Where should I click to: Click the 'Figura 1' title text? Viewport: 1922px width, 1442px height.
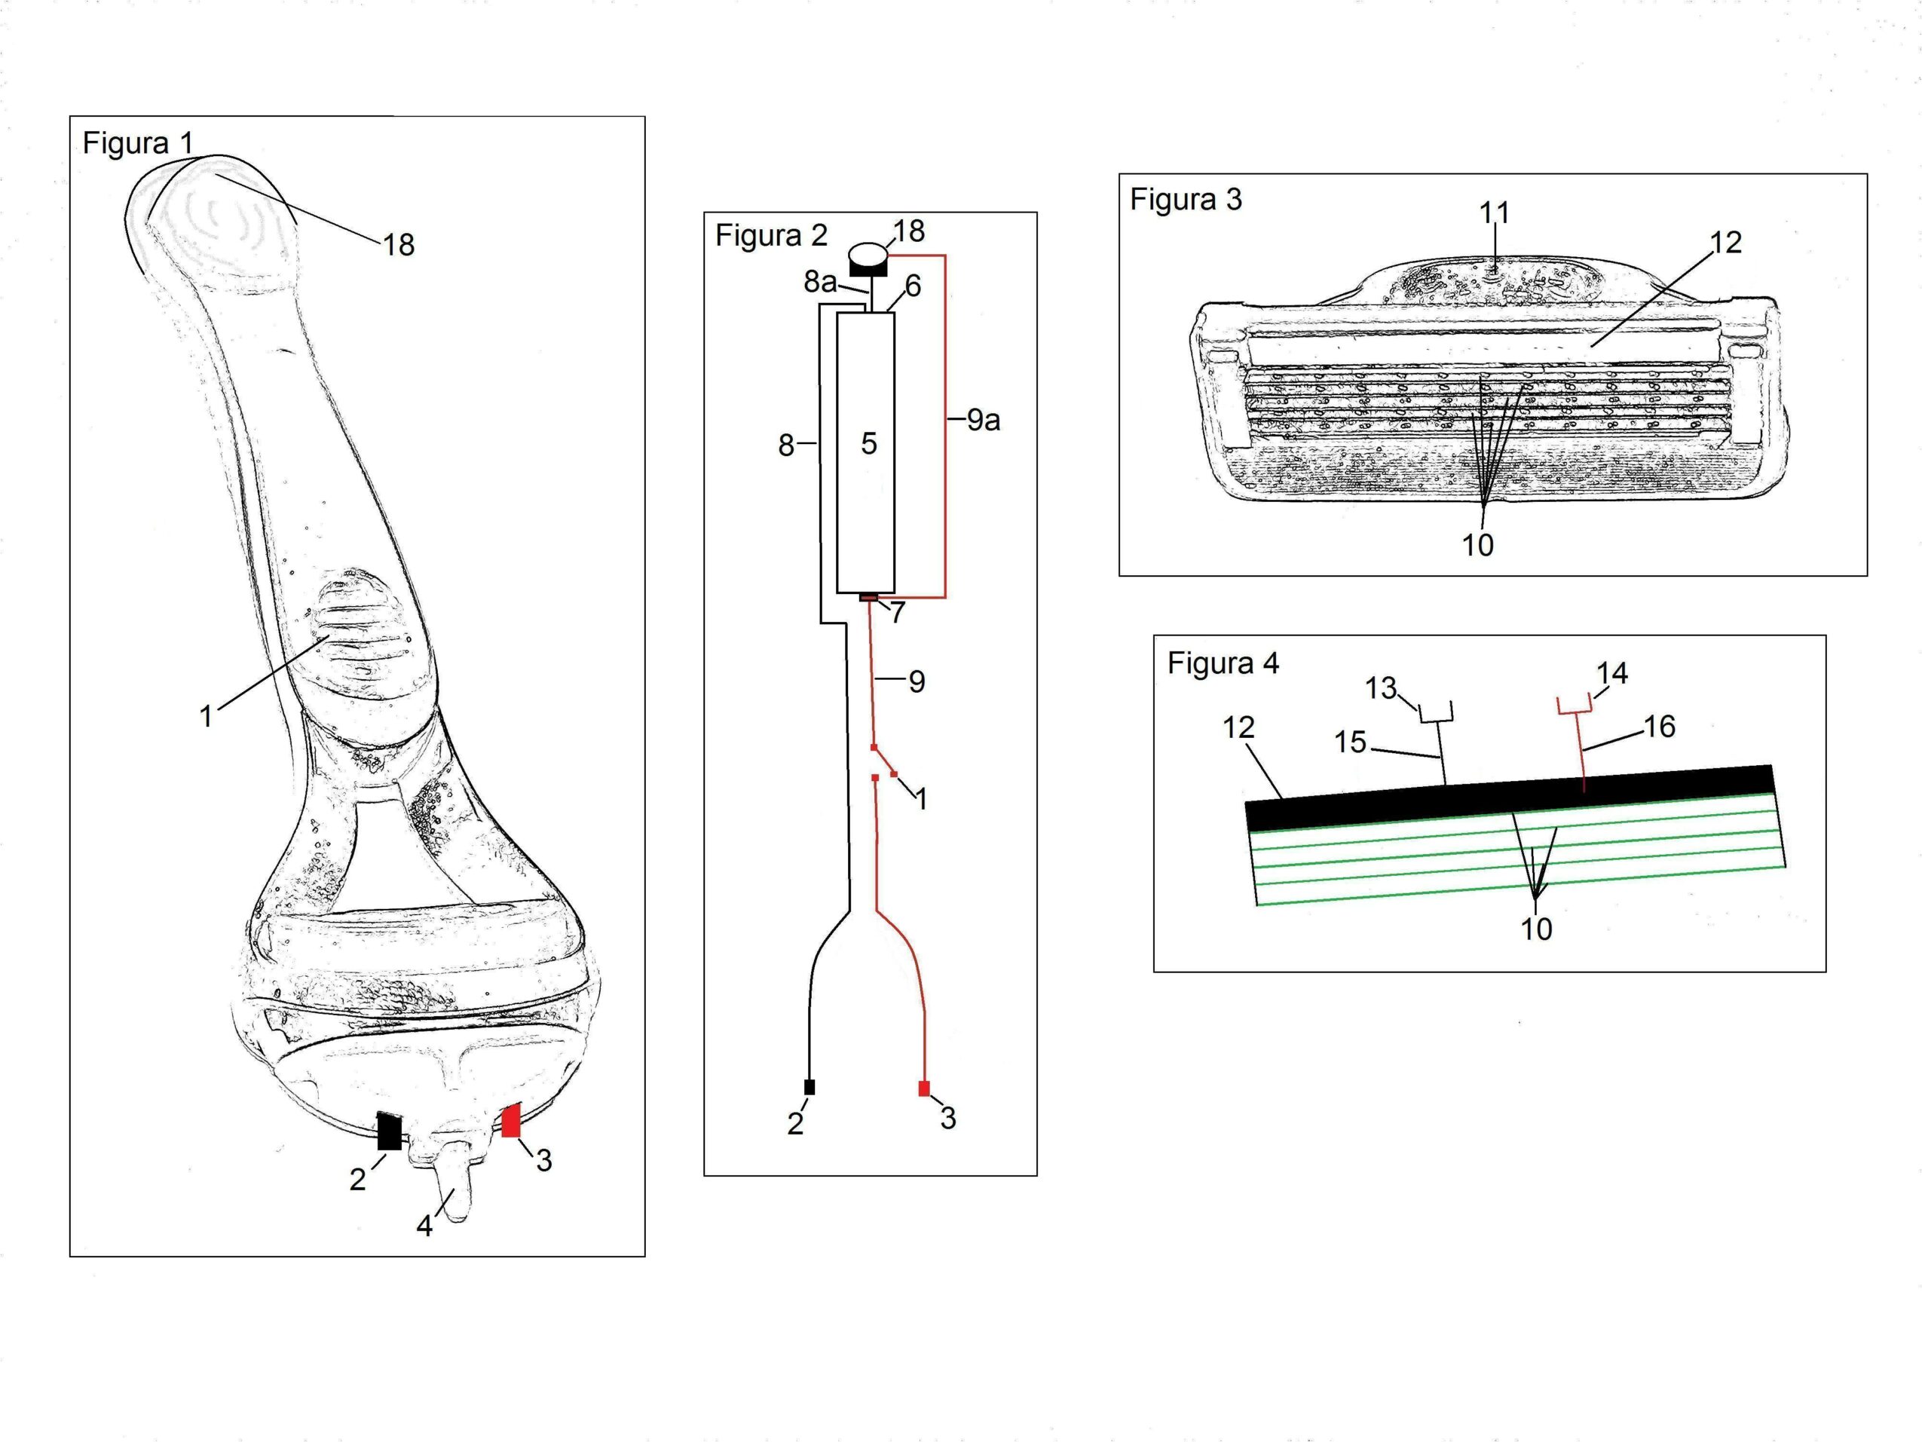click(137, 142)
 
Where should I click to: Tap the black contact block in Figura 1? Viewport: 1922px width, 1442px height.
click(389, 1131)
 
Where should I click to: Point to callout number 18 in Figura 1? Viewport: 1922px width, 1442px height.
click(399, 245)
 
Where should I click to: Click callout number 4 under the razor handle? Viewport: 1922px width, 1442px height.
click(424, 1226)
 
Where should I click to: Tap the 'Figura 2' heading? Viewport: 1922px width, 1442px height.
click(771, 235)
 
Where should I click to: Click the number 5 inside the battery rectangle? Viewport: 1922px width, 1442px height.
click(869, 444)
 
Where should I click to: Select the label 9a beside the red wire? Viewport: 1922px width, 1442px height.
click(984, 421)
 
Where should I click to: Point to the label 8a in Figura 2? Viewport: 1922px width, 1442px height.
click(820, 282)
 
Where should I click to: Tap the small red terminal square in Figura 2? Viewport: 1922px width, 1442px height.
click(923, 1088)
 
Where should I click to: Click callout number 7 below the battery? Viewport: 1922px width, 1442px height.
click(898, 612)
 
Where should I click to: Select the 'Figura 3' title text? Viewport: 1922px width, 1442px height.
click(1185, 200)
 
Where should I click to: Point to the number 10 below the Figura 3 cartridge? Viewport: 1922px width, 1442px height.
click(1477, 545)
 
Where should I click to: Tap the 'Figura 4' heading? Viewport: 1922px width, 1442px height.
click(1223, 664)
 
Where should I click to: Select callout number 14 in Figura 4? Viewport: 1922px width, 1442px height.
click(1611, 674)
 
